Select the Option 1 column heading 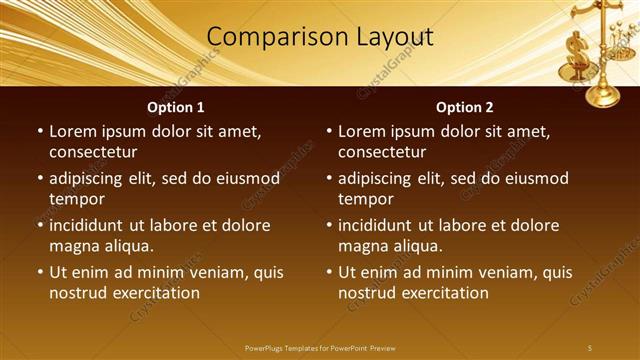coord(176,107)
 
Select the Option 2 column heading coord(465,107)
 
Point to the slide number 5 coord(590,347)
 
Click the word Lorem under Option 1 coord(73,131)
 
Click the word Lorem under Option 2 coord(362,131)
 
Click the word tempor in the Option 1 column coord(75,199)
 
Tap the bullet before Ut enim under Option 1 coord(40,272)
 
